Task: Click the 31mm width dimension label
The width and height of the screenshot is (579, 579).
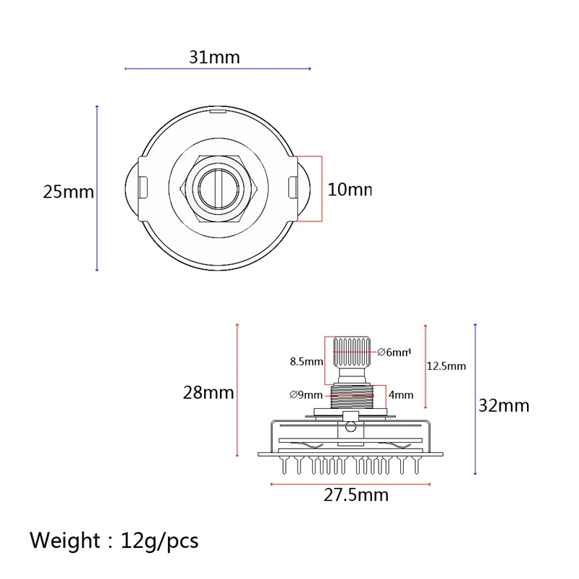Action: click(214, 57)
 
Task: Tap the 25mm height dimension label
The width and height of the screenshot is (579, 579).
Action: click(68, 192)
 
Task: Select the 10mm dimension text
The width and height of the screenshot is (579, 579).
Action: click(349, 190)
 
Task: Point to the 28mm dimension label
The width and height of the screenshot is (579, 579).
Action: click(208, 392)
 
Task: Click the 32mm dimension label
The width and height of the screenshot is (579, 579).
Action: click(504, 405)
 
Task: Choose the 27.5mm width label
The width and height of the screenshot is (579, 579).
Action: click(356, 495)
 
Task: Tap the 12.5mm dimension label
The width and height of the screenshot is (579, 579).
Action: click(447, 366)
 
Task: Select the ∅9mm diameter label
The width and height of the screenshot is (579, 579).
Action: click(305, 394)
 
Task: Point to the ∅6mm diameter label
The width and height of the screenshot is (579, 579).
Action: click(394, 352)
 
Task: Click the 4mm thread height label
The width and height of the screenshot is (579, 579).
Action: click(400, 394)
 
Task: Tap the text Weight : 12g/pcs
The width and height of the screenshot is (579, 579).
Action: click(114, 540)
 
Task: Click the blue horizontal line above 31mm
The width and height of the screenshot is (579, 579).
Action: click(217, 69)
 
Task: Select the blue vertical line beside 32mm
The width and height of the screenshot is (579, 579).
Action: click(475, 398)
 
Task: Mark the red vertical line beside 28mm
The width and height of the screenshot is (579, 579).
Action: click(237, 391)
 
